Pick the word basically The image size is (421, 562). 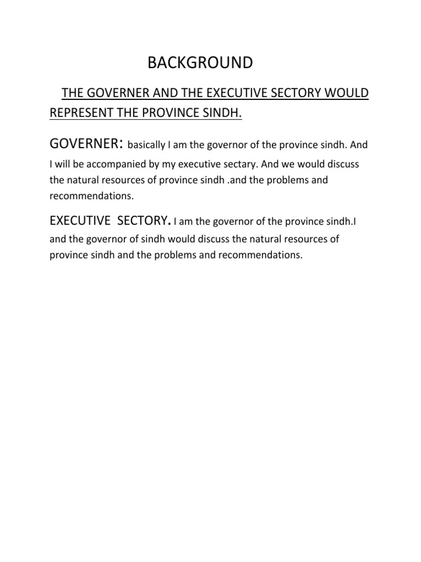(x=145, y=146)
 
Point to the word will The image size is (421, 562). (x=64, y=165)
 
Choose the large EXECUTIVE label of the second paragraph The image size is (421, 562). (x=80, y=221)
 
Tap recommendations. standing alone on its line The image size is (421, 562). (x=92, y=195)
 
